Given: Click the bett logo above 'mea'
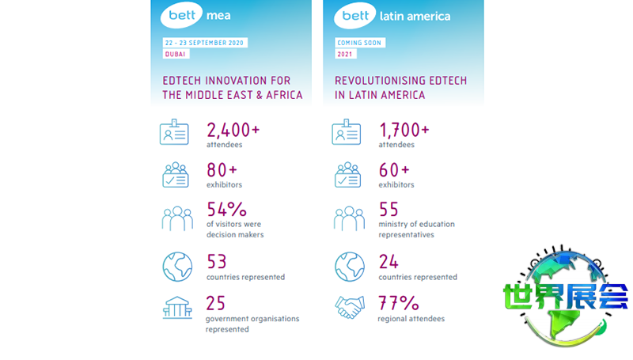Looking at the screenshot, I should pos(183,15).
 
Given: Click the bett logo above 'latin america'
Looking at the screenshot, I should pos(355,15).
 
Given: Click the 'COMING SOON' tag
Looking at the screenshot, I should pos(360,41).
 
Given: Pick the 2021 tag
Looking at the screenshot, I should pos(346,54).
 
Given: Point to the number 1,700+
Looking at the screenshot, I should pos(404,130).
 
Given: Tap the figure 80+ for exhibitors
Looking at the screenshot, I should pos(222,169).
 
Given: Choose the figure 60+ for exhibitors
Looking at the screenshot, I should pos(394,169).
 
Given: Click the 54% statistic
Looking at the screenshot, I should pos(226,210).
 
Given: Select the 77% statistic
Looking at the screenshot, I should pos(397,303).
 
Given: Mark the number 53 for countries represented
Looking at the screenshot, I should pos(217,261).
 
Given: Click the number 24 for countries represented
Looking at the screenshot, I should pos(389,261).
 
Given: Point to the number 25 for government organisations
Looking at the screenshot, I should pos(217,302).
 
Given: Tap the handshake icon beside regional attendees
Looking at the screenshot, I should pos(349,308).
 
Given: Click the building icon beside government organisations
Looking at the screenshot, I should pos(177,308).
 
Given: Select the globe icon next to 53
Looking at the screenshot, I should pos(177,267).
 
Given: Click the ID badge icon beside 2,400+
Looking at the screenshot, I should pos(175,134).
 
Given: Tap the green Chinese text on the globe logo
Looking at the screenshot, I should pos(565,297).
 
